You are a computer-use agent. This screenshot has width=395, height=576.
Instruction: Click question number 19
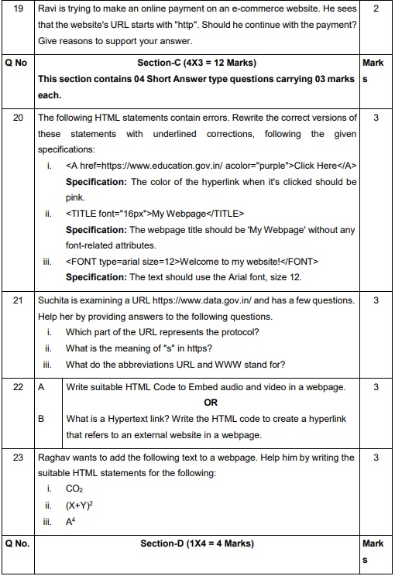[19, 10]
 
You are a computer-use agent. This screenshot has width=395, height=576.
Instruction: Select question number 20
[19, 118]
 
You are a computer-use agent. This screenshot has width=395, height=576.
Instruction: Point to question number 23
[19, 458]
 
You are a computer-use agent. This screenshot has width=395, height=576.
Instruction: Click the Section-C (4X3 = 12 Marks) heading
[198, 63]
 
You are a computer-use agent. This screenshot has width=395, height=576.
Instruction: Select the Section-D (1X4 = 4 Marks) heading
[198, 543]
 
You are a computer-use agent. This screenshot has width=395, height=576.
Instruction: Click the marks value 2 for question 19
[375, 10]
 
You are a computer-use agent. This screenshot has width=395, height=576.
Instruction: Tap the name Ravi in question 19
[48, 10]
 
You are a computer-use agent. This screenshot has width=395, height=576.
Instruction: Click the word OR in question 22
[211, 403]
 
